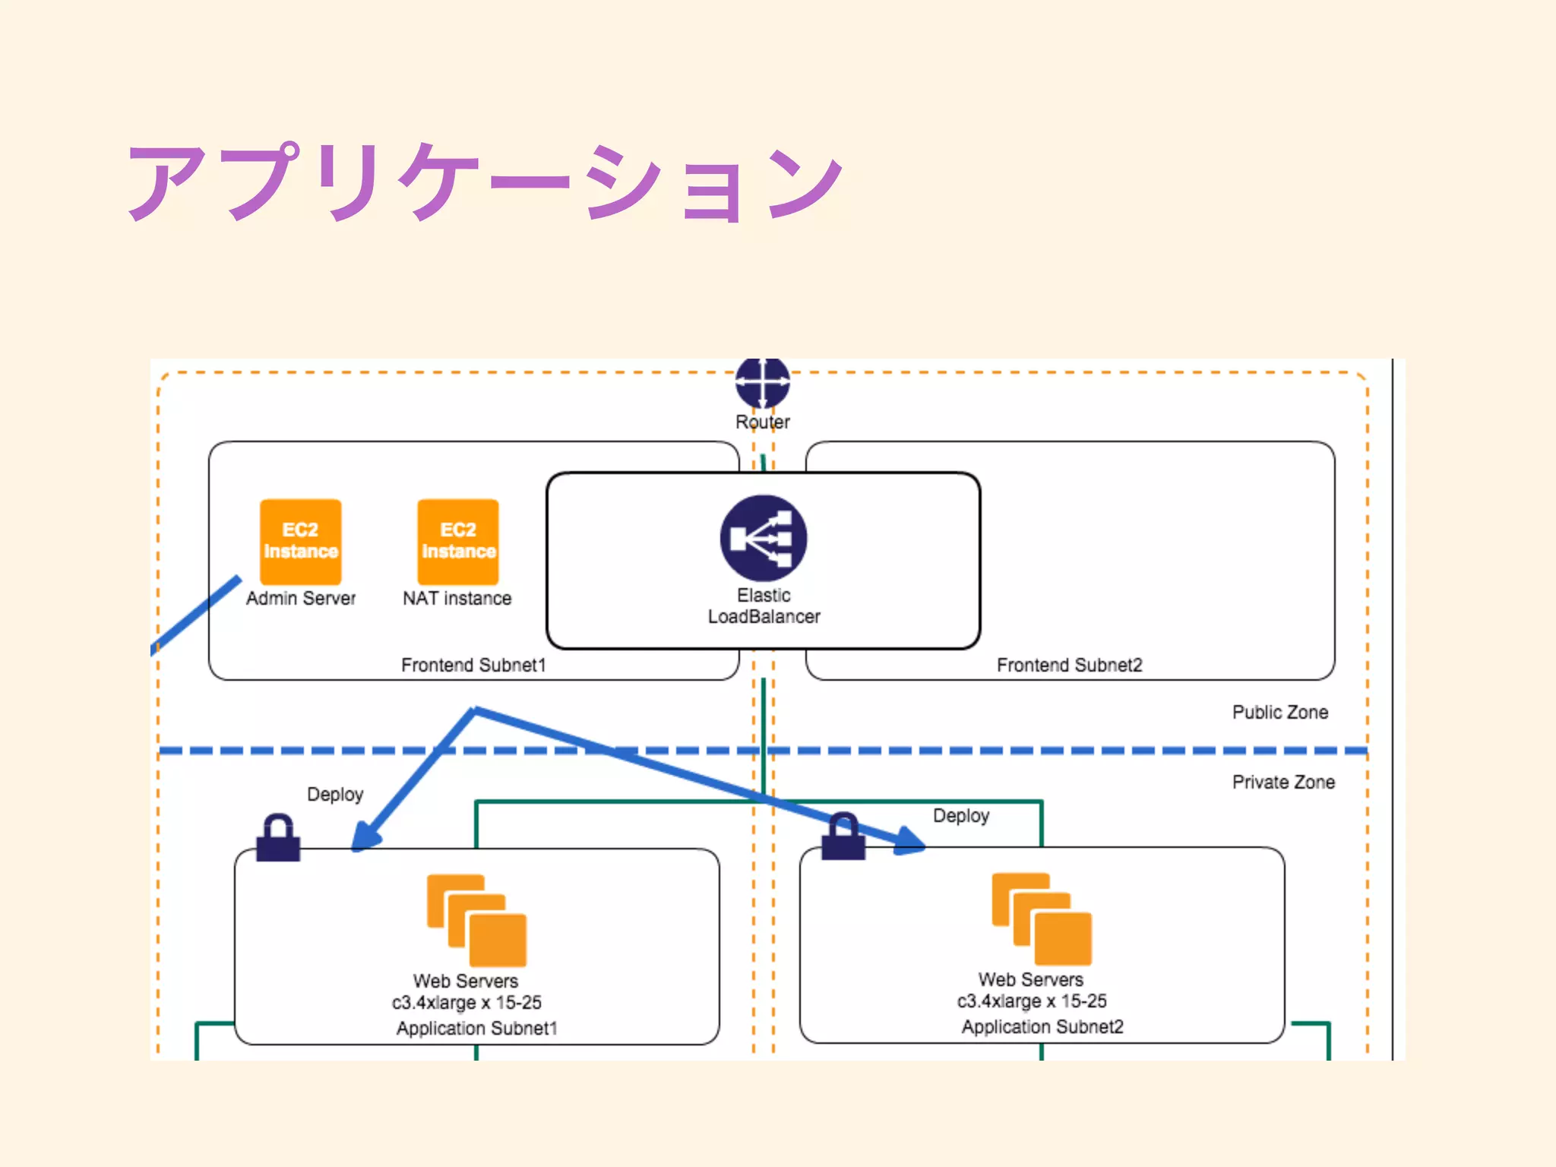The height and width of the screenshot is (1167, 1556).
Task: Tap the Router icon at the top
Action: coord(763,384)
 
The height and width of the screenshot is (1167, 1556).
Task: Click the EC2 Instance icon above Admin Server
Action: coord(300,541)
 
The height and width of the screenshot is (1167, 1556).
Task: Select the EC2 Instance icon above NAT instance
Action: coord(458,541)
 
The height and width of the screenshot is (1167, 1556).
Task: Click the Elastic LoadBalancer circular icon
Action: coord(764,538)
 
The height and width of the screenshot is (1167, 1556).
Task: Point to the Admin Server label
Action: coord(301,599)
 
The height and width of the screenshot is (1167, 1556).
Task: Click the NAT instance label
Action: coord(457,599)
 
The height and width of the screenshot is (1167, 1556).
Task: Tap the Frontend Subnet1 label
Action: coord(473,666)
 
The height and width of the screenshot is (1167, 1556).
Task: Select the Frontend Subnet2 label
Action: coord(1069,666)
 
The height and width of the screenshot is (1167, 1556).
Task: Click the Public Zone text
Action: coord(1280,713)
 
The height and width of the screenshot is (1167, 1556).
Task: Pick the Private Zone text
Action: coord(1283,783)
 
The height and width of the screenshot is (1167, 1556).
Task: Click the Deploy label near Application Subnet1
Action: coord(335,795)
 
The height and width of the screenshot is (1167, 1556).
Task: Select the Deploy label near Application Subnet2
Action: coord(961,816)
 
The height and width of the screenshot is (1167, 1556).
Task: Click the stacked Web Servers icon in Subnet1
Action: coord(476,920)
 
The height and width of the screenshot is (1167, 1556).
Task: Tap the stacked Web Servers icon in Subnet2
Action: coord(1042,919)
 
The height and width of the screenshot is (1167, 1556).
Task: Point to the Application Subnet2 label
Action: coord(1042,1027)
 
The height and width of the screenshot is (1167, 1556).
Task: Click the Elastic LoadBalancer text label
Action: coord(764,606)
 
